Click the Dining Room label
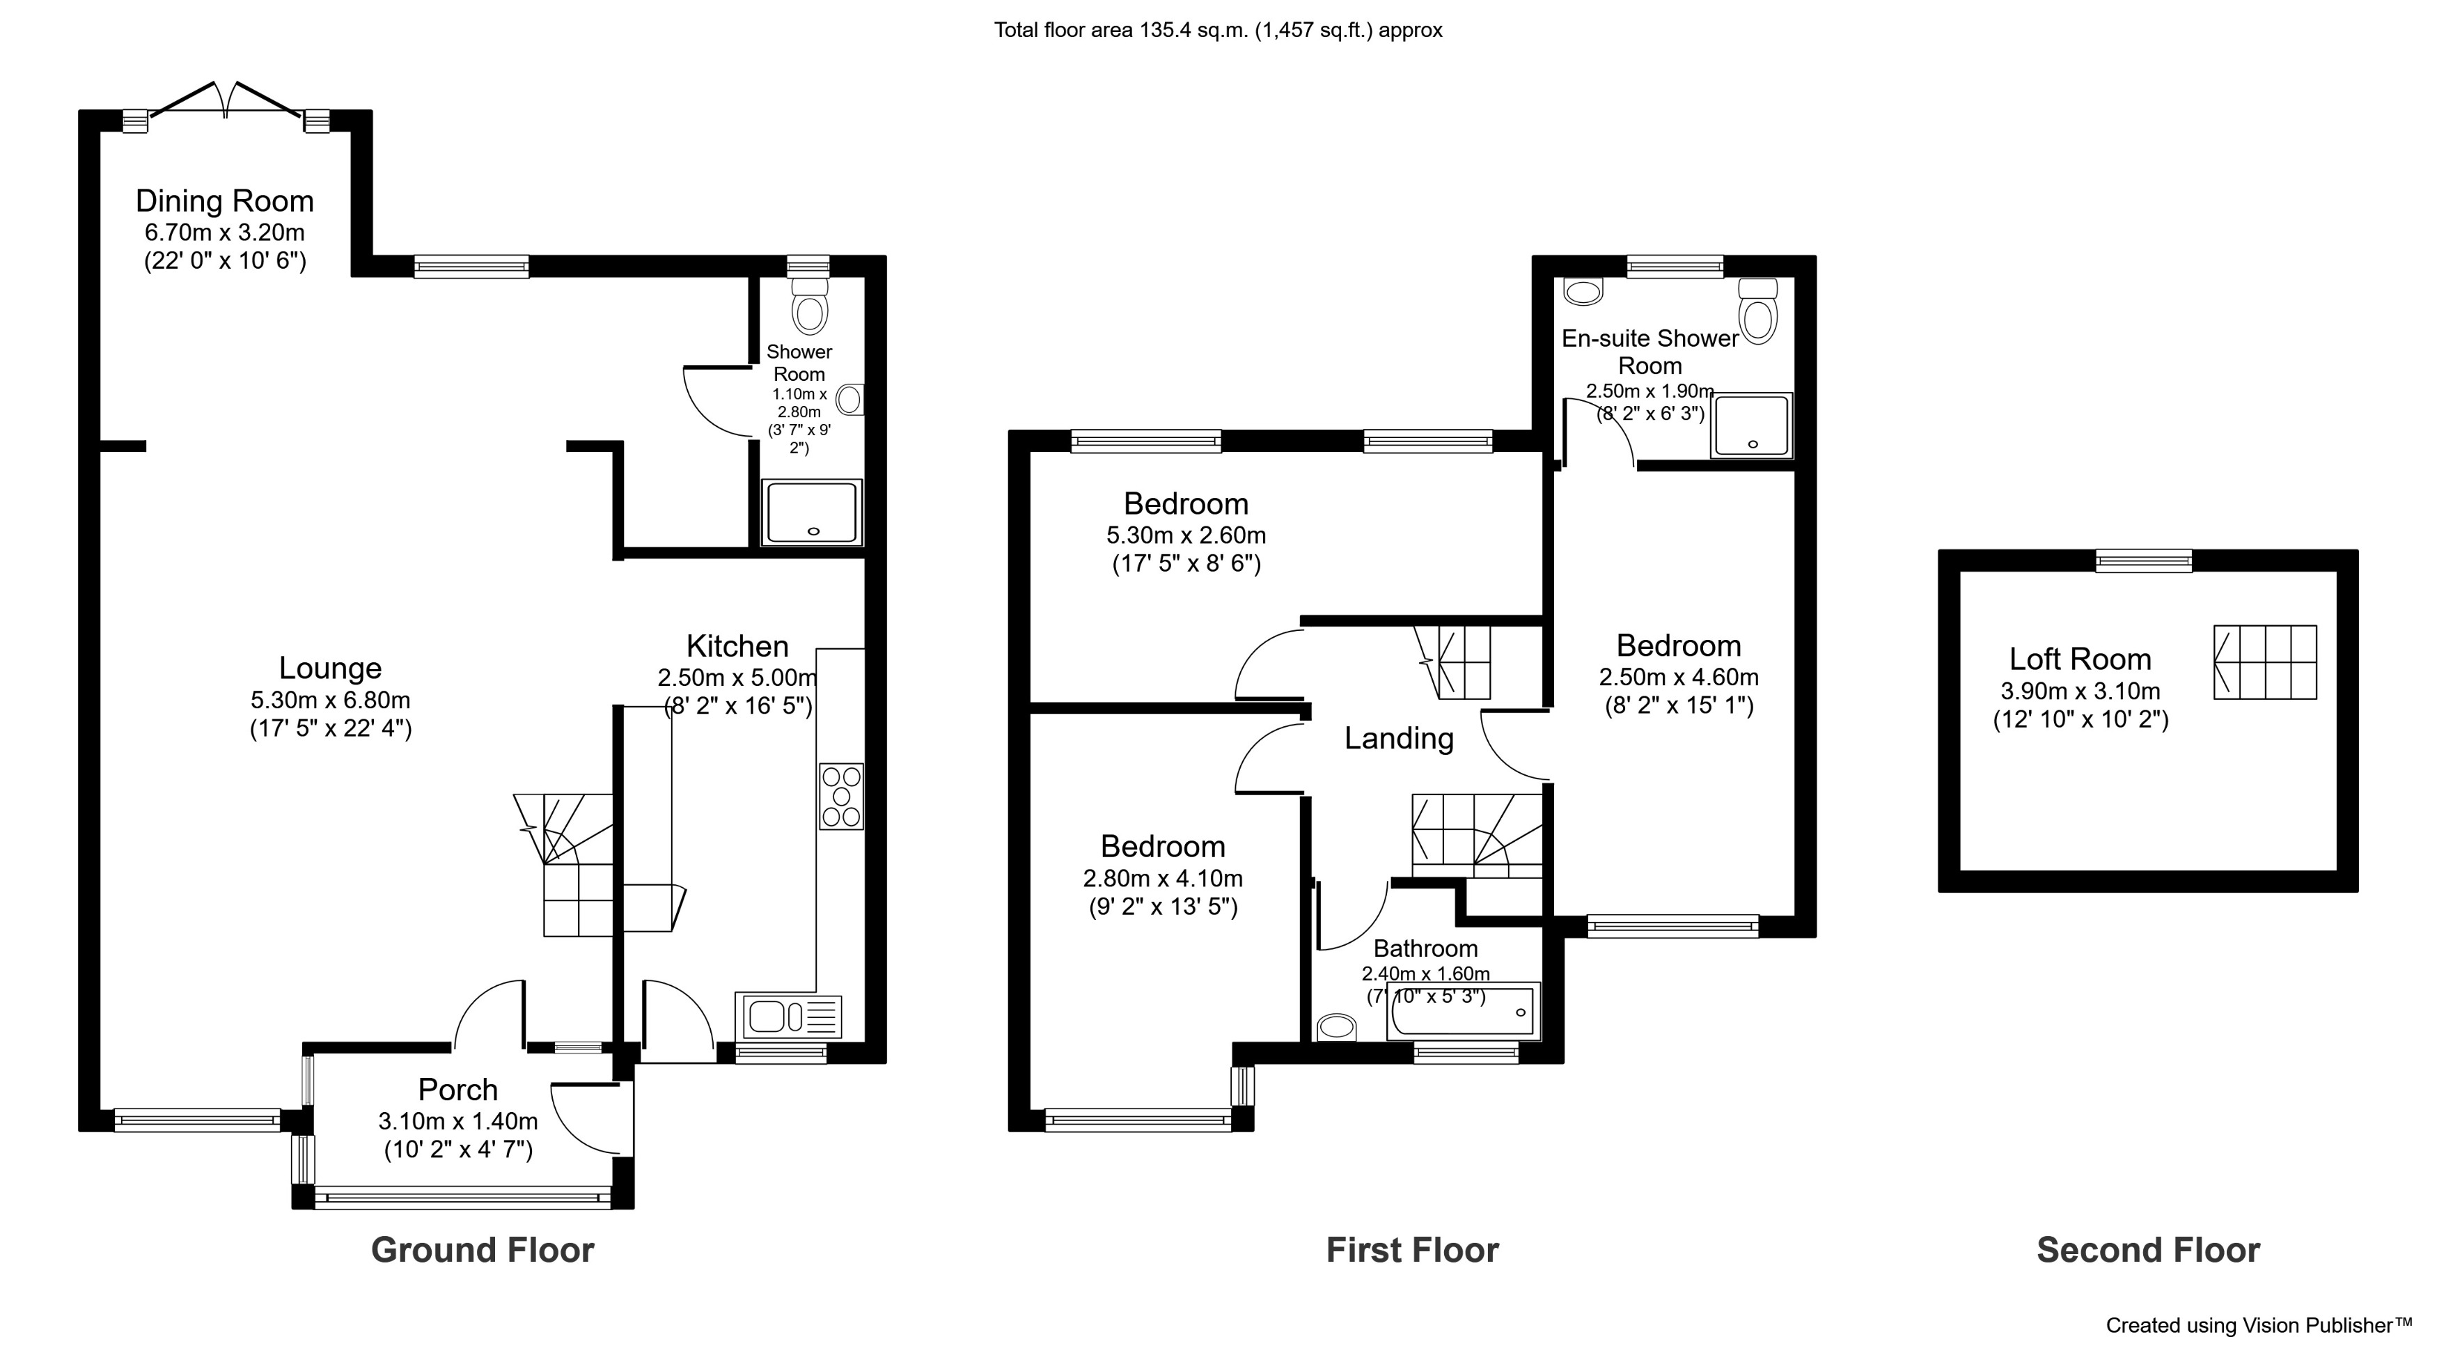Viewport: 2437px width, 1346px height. [224, 201]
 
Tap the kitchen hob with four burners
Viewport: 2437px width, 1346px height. [841, 797]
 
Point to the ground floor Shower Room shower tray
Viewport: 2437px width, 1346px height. [813, 512]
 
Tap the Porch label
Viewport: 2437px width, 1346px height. [458, 1090]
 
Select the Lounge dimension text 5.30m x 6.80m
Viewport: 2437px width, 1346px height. [330, 700]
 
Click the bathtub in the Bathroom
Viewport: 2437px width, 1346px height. [1463, 1012]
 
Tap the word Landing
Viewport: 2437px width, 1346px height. [1398, 738]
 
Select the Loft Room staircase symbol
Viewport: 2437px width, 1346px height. [2265, 662]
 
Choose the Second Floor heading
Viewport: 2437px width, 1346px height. [2147, 1249]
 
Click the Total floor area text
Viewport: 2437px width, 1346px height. [1218, 30]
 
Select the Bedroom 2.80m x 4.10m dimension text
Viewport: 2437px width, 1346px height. [1163, 878]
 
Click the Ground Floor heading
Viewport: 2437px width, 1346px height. [483, 1249]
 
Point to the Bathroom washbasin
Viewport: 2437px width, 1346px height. [1335, 1026]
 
